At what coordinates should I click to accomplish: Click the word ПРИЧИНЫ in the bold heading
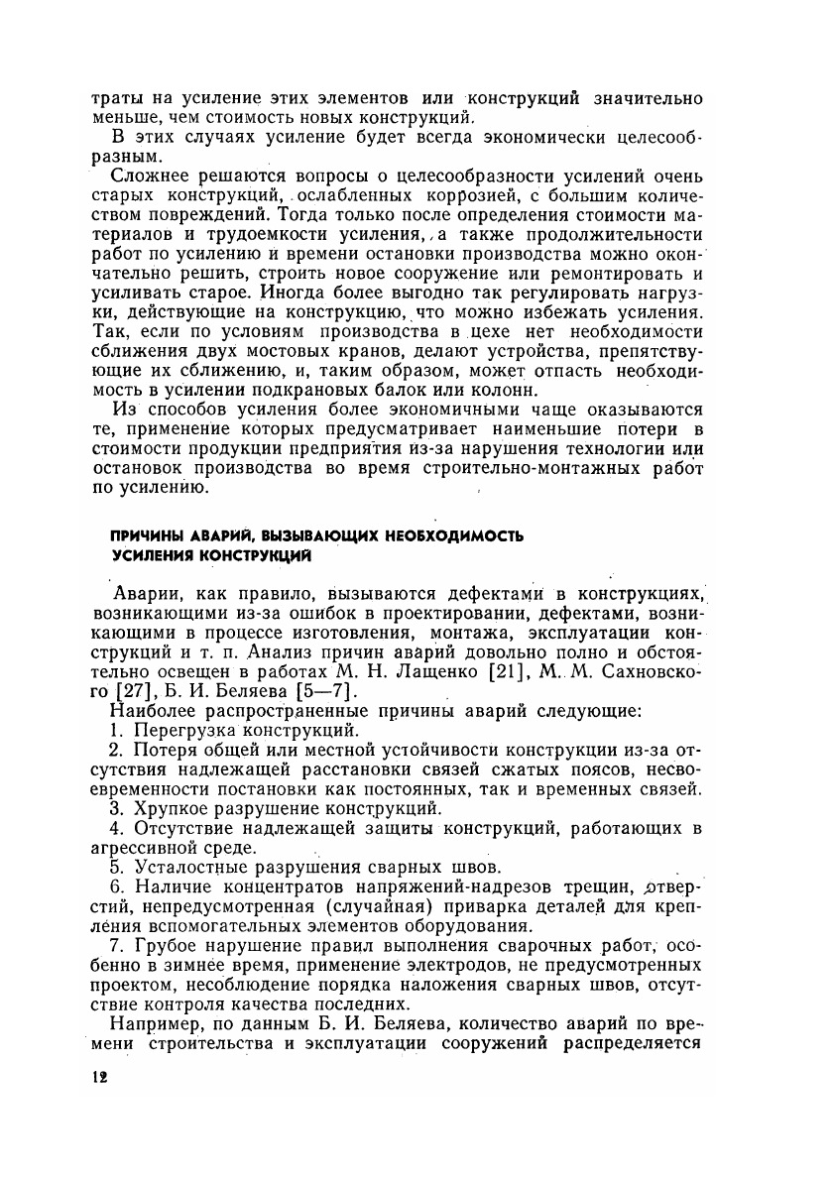[146, 536]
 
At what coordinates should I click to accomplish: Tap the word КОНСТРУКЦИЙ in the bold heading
[260, 556]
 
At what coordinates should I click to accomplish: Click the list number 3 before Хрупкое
[115, 808]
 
